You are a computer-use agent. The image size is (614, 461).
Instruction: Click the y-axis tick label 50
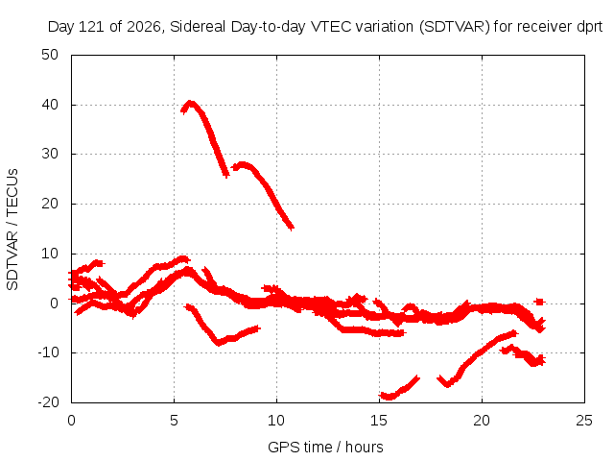pos(50,55)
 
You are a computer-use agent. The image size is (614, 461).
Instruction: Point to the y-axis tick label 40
pos(50,105)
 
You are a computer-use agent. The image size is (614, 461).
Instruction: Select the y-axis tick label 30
pos(50,154)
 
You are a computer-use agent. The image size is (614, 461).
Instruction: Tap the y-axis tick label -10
pos(48,352)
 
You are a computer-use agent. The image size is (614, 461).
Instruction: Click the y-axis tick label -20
pos(48,402)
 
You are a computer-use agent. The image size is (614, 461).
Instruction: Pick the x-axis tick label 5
pos(174,421)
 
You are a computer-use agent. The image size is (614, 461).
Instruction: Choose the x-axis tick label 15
pos(379,421)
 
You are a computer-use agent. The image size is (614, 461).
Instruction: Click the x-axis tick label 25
pos(584,421)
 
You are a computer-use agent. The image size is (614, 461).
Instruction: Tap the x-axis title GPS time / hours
pos(325,448)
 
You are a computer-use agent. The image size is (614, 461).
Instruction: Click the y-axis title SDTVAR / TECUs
pos(12,230)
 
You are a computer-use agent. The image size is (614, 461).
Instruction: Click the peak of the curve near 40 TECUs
pos(190,104)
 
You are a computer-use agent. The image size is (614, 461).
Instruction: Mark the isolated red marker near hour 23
pos(539,302)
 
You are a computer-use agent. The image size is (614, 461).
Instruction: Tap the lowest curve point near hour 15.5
pos(389,398)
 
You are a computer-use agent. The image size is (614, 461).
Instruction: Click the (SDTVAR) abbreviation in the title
pos(455,27)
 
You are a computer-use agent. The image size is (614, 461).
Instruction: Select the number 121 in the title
pos(91,27)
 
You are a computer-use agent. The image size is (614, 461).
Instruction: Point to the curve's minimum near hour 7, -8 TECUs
pos(219,343)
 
